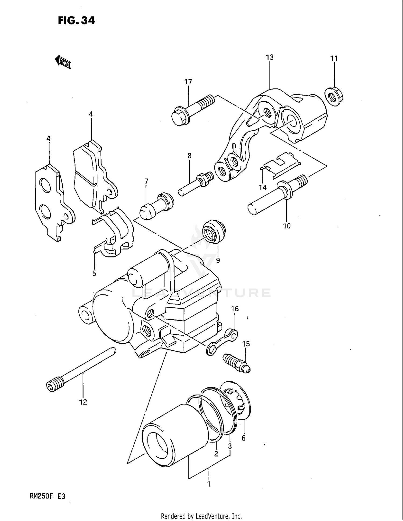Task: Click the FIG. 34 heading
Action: coord(76,20)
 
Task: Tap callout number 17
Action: coord(188,82)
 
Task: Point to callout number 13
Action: coord(269,57)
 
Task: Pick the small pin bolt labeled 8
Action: coord(196,184)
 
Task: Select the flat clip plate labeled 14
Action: coord(281,165)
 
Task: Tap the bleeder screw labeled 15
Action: coord(236,362)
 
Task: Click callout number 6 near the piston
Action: coord(243,438)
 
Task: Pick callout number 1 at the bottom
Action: coord(208,484)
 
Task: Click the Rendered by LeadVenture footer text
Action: coord(201,516)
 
